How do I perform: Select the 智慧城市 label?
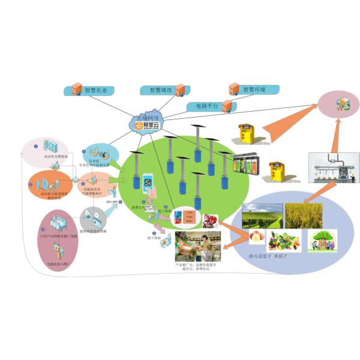pos(157,91)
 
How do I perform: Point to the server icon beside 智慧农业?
pos(76,91)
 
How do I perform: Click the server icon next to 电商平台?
pos(227,107)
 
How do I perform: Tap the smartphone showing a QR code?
pos(148,185)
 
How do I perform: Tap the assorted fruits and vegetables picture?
pos(284,241)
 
